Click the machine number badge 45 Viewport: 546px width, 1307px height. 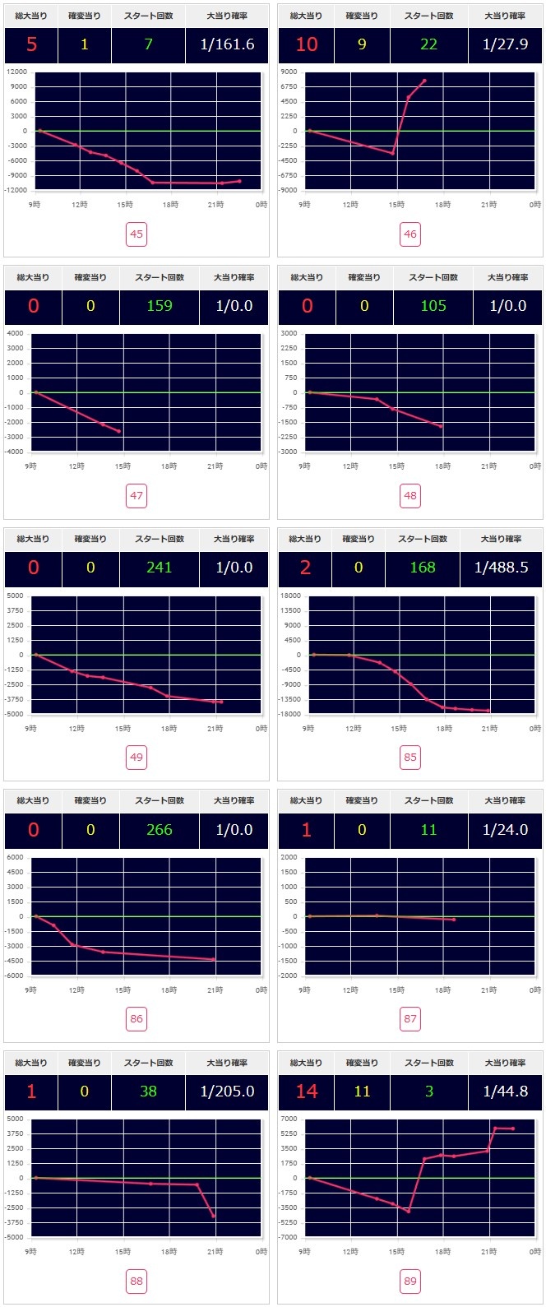coord(136,234)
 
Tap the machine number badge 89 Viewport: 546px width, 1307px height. coord(410,1281)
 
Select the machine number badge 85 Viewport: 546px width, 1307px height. coord(410,758)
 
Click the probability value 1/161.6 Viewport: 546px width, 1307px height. coord(227,44)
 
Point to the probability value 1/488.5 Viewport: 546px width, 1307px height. coord(502,568)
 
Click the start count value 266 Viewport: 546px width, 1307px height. coord(159,830)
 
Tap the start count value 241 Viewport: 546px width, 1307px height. coord(159,568)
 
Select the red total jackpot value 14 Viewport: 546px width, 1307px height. coord(307,1091)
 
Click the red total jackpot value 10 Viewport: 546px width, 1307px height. coord(307,44)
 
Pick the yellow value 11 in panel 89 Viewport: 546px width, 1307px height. coord(363,1091)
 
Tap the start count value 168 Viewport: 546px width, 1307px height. coord(423,568)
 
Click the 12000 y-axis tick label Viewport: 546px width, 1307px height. coord(16,72)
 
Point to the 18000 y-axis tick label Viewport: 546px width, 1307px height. coord(290,596)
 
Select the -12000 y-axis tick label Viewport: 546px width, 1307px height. coord(15,190)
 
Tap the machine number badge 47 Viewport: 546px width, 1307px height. coord(136,496)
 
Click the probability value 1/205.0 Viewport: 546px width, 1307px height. coord(227,1091)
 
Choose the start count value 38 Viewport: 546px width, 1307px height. coord(148,1091)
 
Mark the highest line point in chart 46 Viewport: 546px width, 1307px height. coord(424,81)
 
